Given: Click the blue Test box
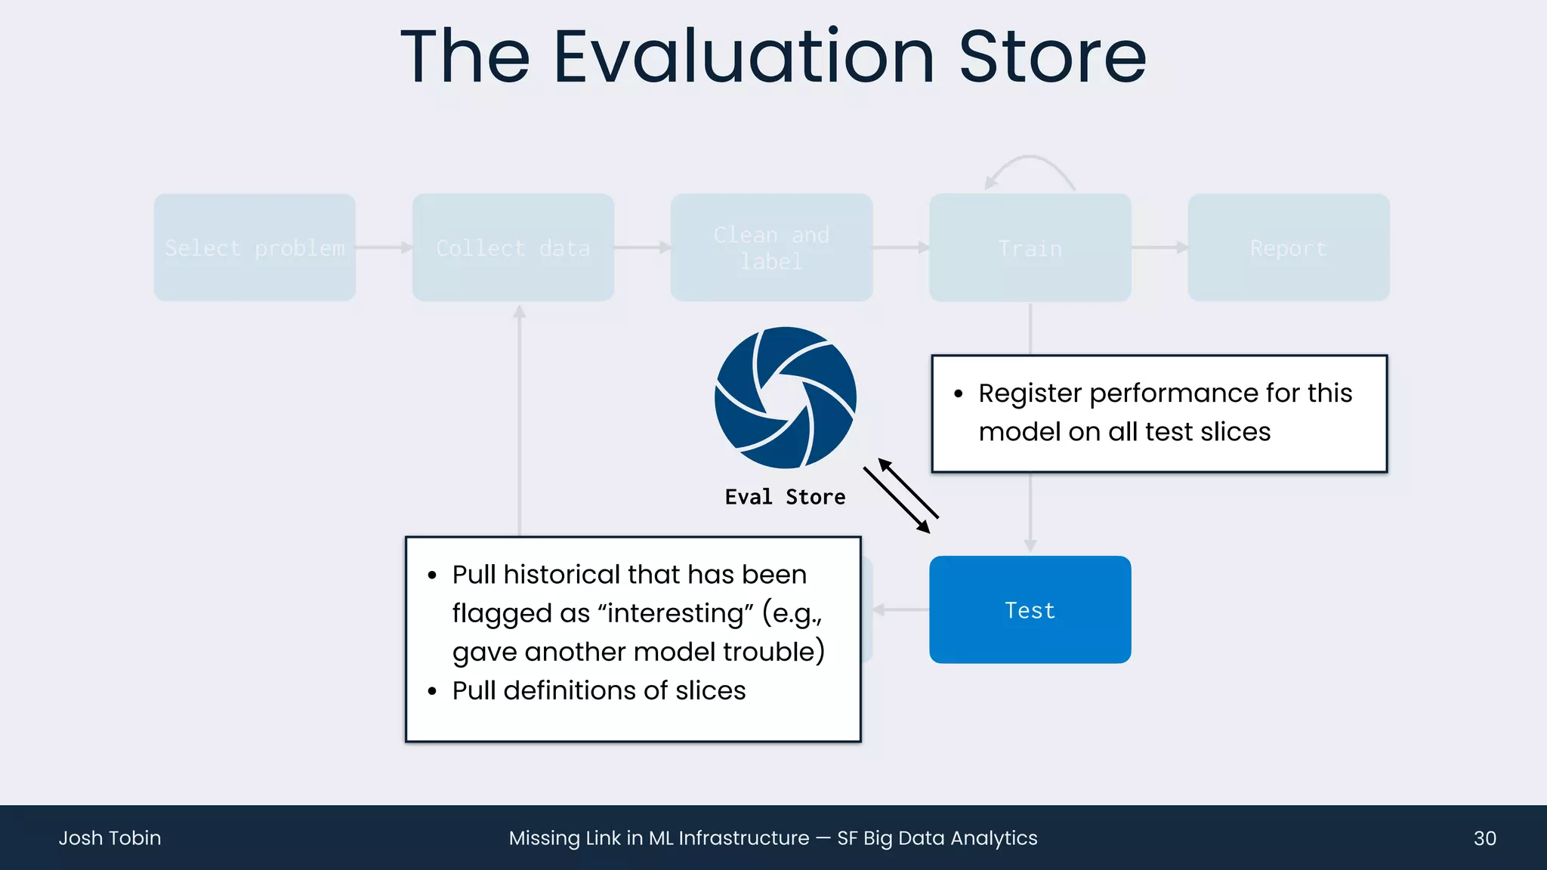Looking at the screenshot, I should (x=1030, y=609).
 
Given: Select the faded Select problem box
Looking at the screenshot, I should (x=255, y=248).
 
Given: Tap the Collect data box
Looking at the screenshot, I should (x=513, y=248).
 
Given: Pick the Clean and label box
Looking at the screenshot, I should (x=771, y=248).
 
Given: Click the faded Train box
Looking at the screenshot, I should (x=1030, y=248).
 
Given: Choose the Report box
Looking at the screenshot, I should (x=1288, y=248).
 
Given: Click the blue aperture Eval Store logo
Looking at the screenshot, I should (x=786, y=397).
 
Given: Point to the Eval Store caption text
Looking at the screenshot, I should (x=785, y=497).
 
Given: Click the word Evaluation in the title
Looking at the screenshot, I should (x=744, y=57).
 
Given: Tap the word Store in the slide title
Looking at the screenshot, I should (x=1052, y=57).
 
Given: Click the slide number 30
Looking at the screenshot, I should (x=1484, y=838).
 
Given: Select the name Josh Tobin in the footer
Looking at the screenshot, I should (x=110, y=838).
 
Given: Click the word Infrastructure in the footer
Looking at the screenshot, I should (x=743, y=838).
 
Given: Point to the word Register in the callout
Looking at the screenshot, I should (x=1030, y=393).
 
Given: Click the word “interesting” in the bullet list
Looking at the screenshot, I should (x=675, y=613).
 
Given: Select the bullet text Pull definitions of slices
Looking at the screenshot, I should (x=598, y=690).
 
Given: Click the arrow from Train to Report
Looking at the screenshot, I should (x=1159, y=248).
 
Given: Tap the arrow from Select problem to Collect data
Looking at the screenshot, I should (x=384, y=248).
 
